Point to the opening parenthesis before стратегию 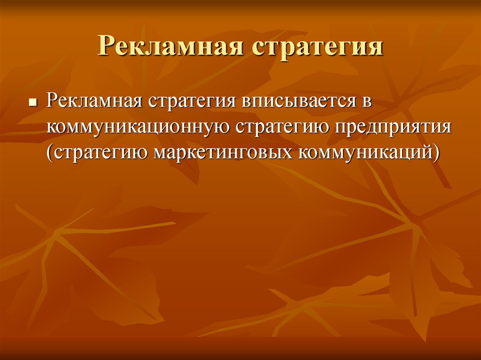coord(48,153)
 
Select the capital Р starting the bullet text coord(52,101)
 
